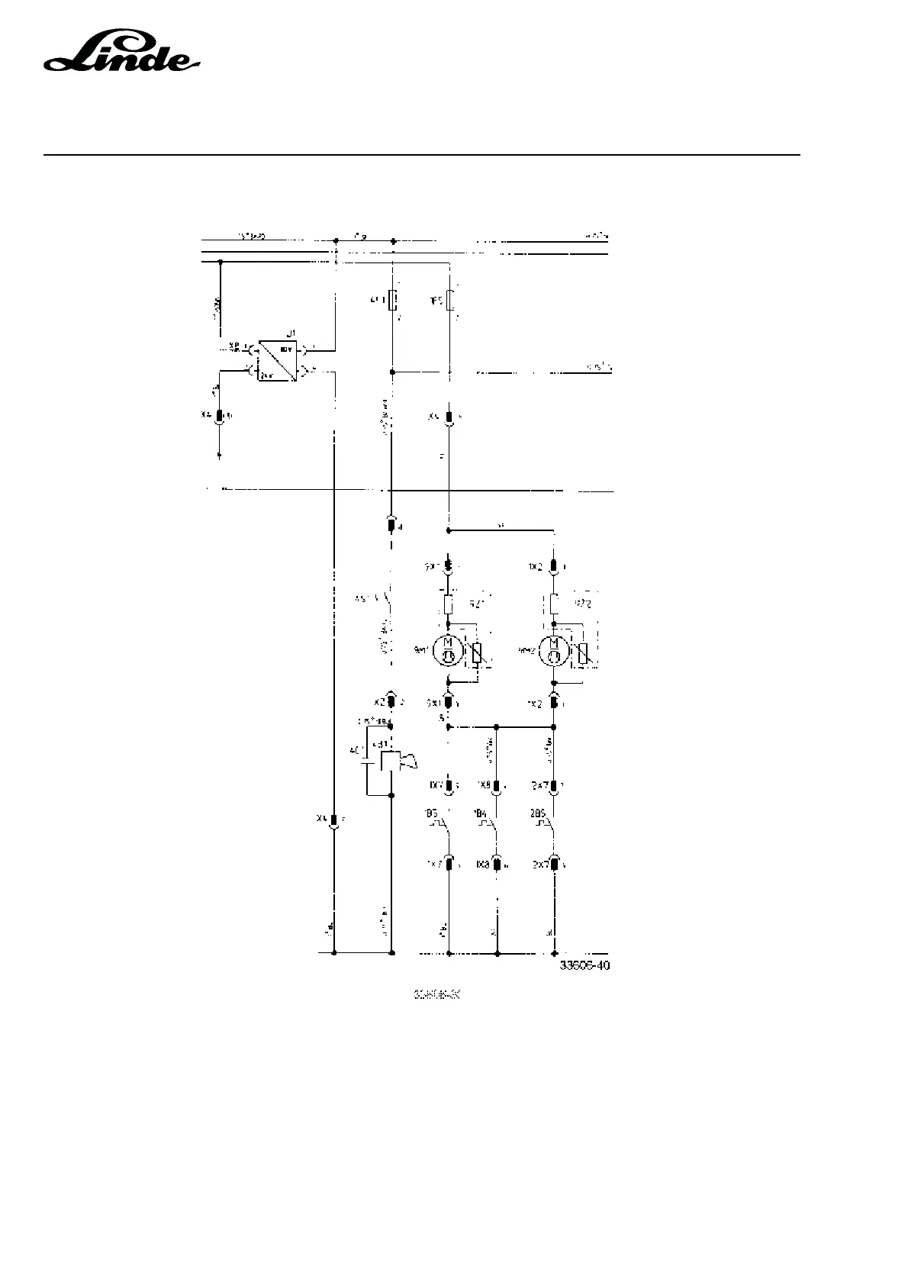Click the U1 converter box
coord(278,360)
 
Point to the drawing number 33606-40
coord(584,965)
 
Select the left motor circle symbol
coord(448,651)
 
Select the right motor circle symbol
coord(553,651)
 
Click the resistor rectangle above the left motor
coord(449,605)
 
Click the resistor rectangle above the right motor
coord(554,605)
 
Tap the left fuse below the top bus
coord(392,301)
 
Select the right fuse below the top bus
coord(449,301)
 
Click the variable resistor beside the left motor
coord(477,652)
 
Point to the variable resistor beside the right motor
coord(582,653)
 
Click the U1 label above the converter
coord(290,334)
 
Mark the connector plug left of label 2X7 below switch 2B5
coord(554,865)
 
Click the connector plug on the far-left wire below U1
coord(220,417)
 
